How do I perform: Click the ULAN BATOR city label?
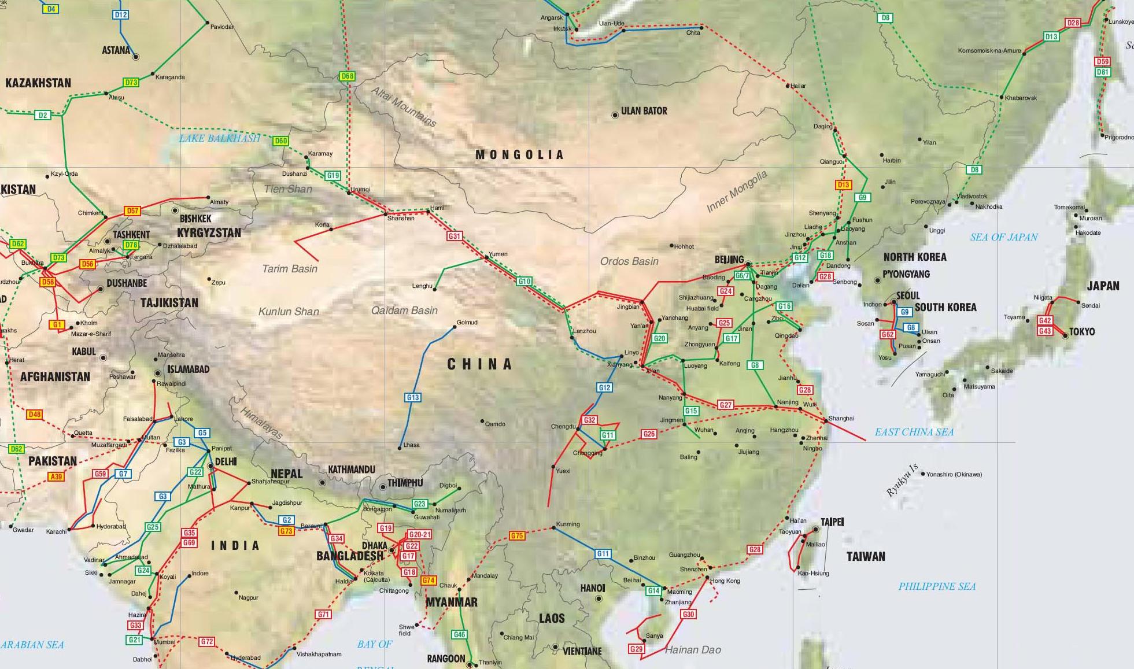(x=644, y=110)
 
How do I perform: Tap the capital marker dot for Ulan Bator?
(x=615, y=116)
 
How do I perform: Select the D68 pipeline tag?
(x=347, y=76)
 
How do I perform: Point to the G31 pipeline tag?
(x=454, y=236)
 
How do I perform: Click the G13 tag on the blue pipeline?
(x=412, y=397)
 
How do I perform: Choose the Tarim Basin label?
(x=289, y=268)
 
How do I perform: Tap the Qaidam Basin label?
(x=404, y=311)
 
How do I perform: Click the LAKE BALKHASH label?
(x=219, y=138)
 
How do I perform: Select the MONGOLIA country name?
(x=519, y=154)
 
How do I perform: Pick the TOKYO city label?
(x=1082, y=331)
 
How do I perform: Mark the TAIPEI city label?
(x=832, y=522)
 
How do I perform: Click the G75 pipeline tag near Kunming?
(x=517, y=536)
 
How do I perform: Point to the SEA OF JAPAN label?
(x=1004, y=236)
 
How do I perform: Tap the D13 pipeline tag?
(x=844, y=185)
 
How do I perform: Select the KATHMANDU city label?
(x=352, y=470)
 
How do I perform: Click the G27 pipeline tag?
(x=726, y=405)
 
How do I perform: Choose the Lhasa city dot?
(x=400, y=448)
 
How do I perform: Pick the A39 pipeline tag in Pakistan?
(x=56, y=476)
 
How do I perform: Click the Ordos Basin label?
(x=629, y=261)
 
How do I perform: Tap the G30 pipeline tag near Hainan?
(x=688, y=615)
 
